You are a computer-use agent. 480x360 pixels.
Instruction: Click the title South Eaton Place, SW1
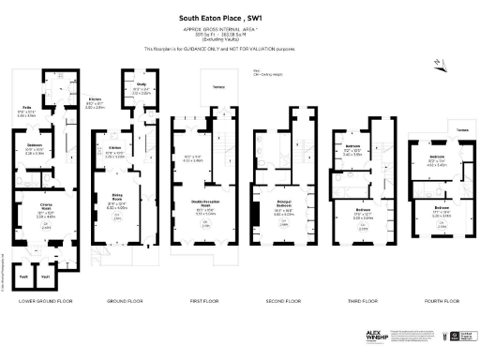click(x=240, y=17)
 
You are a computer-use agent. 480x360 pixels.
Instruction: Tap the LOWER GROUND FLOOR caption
click(x=38, y=300)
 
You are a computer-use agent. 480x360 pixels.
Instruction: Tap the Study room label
click(x=141, y=85)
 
